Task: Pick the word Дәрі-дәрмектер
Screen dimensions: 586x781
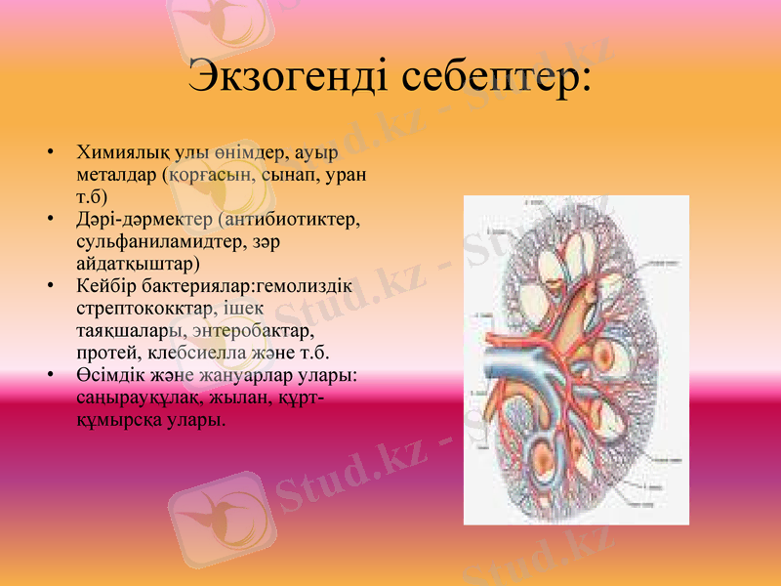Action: pos(144,220)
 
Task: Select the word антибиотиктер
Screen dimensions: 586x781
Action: pos(294,220)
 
